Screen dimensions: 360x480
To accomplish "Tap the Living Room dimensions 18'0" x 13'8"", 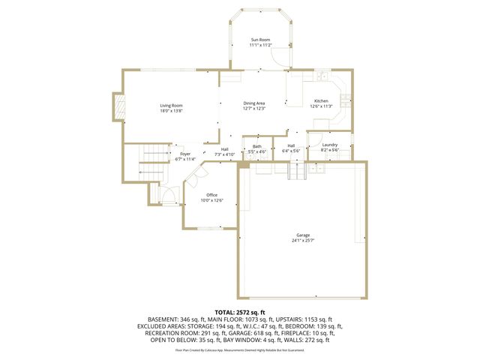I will point(171,111).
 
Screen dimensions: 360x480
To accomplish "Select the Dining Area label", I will point(254,103).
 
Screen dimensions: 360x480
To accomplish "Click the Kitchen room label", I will point(321,100).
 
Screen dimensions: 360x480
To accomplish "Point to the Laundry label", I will point(330,145).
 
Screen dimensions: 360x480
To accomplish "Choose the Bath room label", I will point(257,146).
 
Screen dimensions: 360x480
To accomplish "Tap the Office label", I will point(211,195).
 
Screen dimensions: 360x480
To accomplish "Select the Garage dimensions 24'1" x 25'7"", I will point(302,240).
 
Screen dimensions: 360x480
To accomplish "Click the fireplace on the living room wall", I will point(118,106).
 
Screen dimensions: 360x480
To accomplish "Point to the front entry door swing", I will point(171,196).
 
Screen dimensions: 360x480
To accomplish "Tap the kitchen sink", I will point(321,76).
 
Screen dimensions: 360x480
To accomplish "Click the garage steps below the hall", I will point(298,172).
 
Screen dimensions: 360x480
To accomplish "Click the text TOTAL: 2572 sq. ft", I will point(240,312).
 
